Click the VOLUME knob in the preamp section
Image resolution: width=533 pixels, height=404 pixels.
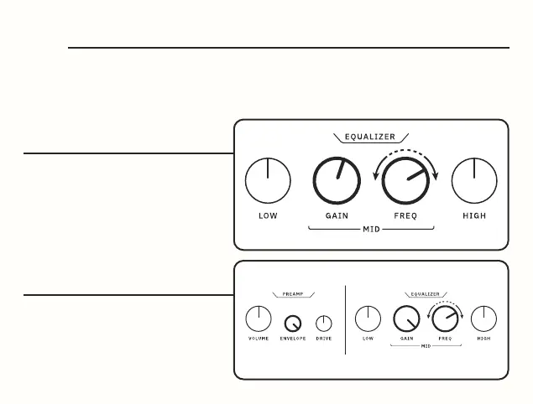tap(259, 319)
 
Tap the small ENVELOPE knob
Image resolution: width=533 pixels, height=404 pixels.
tap(293, 324)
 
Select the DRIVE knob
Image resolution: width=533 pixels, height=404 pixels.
tap(324, 324)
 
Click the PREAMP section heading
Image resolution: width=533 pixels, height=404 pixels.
tap(293, 294)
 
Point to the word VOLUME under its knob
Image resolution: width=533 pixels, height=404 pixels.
tap(259, 339)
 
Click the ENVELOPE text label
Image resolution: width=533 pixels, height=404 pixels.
tap(293, 339)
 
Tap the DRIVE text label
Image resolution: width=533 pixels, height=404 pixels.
tap(324, 339)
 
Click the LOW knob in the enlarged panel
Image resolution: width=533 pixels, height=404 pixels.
tap(268, 180)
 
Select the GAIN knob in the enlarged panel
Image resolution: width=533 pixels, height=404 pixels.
tap(336, 180)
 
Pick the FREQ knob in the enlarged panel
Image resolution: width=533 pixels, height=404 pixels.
tap(405, 180)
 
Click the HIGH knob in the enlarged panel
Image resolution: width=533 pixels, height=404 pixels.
tap(474, 180)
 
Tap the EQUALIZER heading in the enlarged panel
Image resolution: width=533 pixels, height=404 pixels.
tap(370, 137)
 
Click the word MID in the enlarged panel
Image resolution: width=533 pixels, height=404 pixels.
tap(370, 228)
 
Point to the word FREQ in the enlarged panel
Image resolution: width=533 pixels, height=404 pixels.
tap(405, 215)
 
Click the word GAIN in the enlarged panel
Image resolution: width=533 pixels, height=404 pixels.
tap(336, 215)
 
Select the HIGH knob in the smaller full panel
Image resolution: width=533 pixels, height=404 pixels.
tap(483, 319)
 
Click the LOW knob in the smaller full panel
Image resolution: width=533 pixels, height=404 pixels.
tap(368, 319)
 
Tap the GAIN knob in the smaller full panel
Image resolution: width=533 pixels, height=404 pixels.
tap(406, 319)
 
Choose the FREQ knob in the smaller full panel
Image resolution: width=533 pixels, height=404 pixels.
tap(445, 319)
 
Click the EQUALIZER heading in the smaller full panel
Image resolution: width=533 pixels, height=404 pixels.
tap(426, 294)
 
